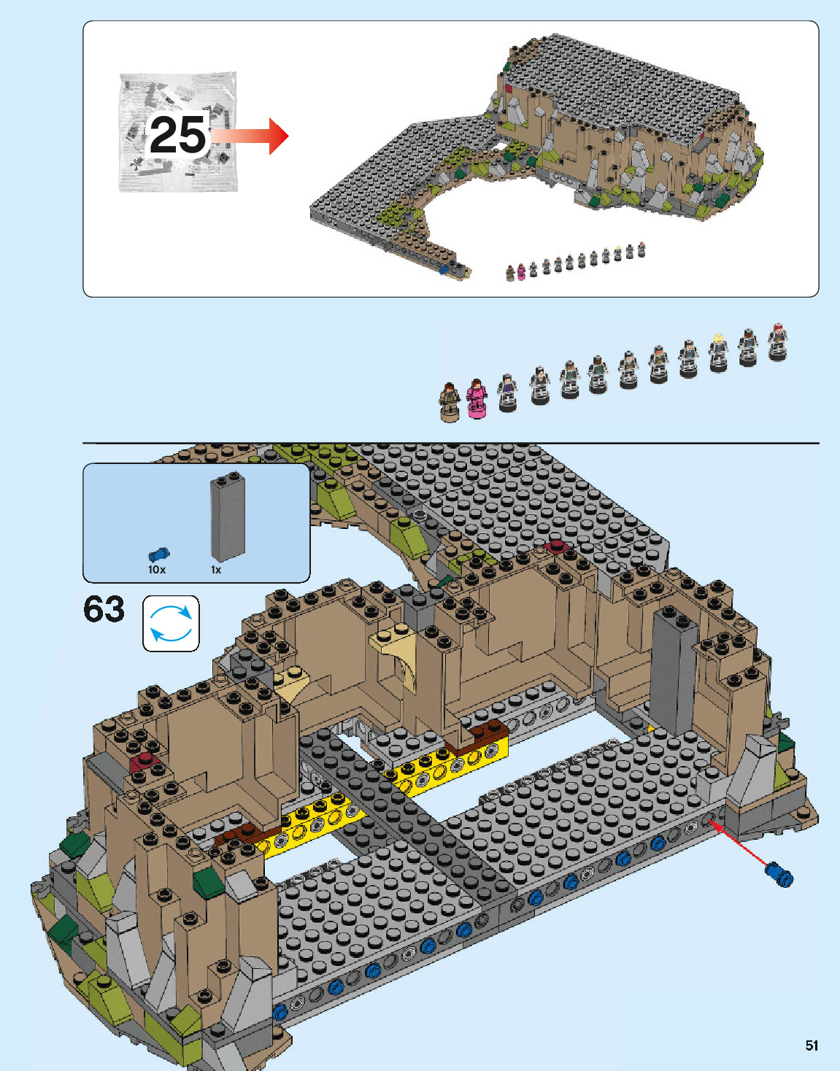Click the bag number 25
click(x=179, y=135)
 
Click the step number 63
click(x=104, y=609)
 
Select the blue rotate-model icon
click(x=171, y=624)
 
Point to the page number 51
click(x=812, y=1045)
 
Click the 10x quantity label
click(x=157, y=570)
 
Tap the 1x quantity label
click(x=216, y=570)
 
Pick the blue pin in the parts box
click(x=159, y=555)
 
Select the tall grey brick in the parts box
click(x=228, y=517)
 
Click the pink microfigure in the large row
click(x=477, y=398)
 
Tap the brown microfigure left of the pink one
click(x=450, y=402)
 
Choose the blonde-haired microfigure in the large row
click(x=719, y=352)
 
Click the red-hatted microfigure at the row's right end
click(x=778, y=341)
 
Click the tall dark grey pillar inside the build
click(x=674, y=671)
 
